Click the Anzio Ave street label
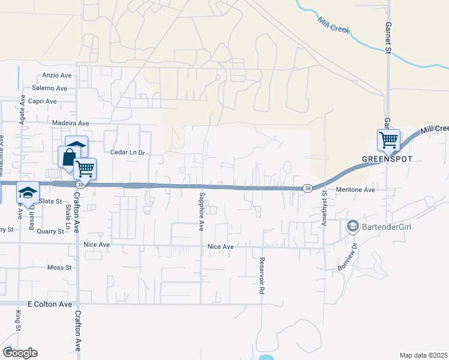point(57,76)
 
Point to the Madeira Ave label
point(70,123)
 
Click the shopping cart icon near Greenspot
point(388,141)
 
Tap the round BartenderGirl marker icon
point(352,226)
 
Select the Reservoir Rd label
point(262,275)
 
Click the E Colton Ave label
point(50,304)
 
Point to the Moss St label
point(59,268)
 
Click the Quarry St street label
point(50,230)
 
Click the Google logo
point(20,353)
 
